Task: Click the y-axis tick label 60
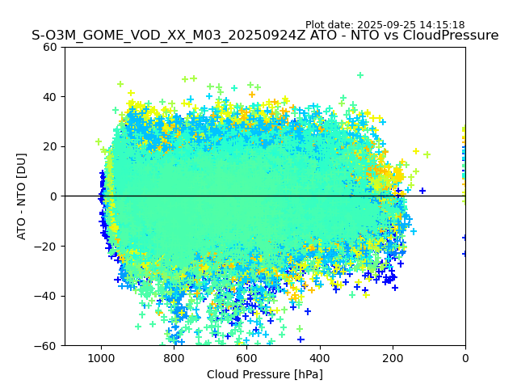(50, 47)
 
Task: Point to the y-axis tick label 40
(50, 97)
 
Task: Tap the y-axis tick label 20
(50, 146)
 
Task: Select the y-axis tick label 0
(53, 196)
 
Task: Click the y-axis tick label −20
(47, 246)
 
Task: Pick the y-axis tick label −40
(47, 296)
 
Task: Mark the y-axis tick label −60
(47, 345)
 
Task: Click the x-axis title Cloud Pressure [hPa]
(265, 374)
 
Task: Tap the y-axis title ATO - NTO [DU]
(23, 196)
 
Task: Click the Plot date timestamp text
(385, 25)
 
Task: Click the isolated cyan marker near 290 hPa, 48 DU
(360, 75)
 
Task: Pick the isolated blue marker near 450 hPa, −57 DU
(301, 339)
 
